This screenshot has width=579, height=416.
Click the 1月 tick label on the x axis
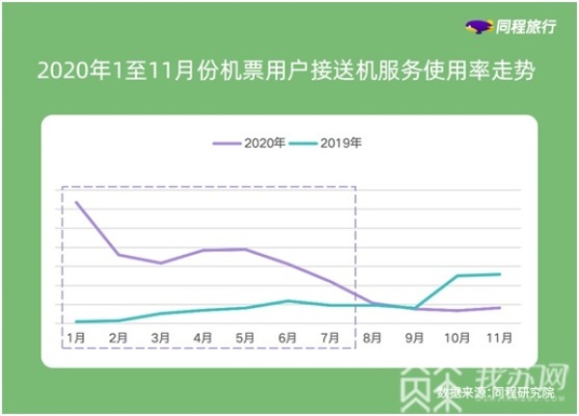point(76,339)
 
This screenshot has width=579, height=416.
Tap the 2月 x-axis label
point(119,339)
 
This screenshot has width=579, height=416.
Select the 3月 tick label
point(161,339)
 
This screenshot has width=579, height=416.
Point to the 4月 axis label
point(204,339)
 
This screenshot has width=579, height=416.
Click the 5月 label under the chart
point(246,339)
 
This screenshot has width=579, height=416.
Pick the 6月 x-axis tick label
point(288,339)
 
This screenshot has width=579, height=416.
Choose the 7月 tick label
point(330,339)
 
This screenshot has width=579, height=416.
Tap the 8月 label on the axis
point(372,339)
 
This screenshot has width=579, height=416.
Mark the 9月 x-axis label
point(415,339)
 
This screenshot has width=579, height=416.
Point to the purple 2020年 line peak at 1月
point(76,202)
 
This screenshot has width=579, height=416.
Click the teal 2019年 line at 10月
point(456,276)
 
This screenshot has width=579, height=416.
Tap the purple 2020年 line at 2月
point(119,255)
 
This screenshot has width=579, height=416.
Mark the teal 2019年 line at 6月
point(288,300)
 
